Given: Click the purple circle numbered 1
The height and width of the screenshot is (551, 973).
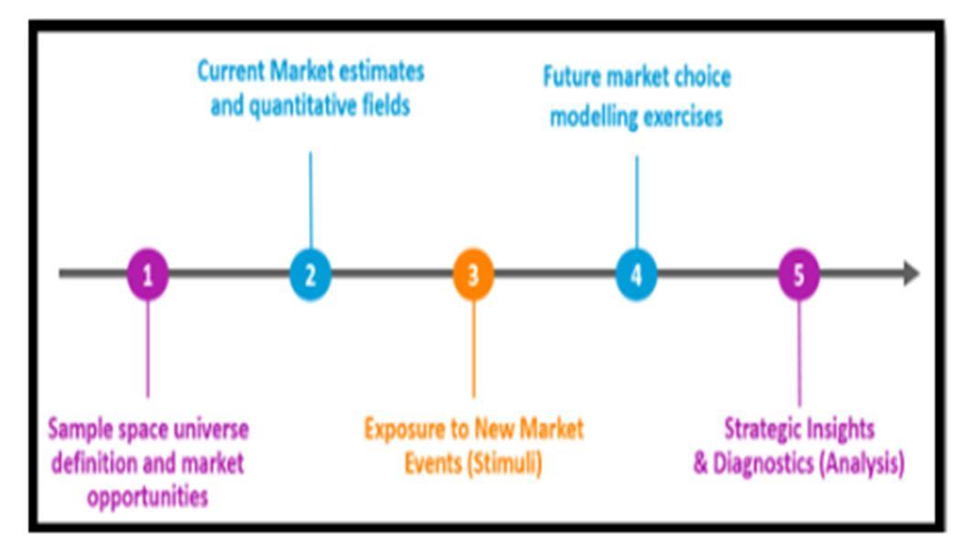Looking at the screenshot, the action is click(x=148, y=274).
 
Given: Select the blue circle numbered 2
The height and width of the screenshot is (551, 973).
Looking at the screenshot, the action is click(x=310, y=274).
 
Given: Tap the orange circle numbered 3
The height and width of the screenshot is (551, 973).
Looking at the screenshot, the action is click(x=474, y=274).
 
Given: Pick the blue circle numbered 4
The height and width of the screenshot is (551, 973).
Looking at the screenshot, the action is click(x=636, y=274).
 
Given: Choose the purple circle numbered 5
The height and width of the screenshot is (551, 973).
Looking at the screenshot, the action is click(x=799, y=274).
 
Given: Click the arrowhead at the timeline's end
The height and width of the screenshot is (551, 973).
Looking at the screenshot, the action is click(x=911, y=274).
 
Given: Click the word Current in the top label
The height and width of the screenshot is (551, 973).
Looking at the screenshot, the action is click(x=230, y=70).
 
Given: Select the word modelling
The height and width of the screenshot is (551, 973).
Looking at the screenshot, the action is click(x=590, y=117).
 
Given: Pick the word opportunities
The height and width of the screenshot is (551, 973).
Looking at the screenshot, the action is click(x=148, y=497).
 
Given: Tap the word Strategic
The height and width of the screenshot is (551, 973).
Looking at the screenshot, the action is click(x=761, y=429).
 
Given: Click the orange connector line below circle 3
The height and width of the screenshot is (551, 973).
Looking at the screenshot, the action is click(x=474, y=349).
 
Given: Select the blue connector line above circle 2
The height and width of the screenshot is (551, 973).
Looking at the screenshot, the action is click(x=310, y=200).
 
